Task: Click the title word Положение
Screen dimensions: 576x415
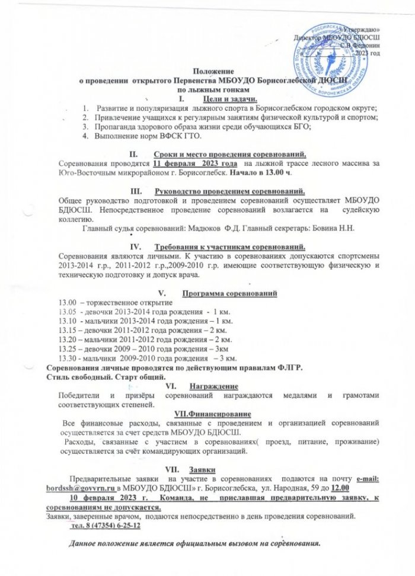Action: click(211, 70)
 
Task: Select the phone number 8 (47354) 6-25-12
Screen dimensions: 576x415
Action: click(106, 526)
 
